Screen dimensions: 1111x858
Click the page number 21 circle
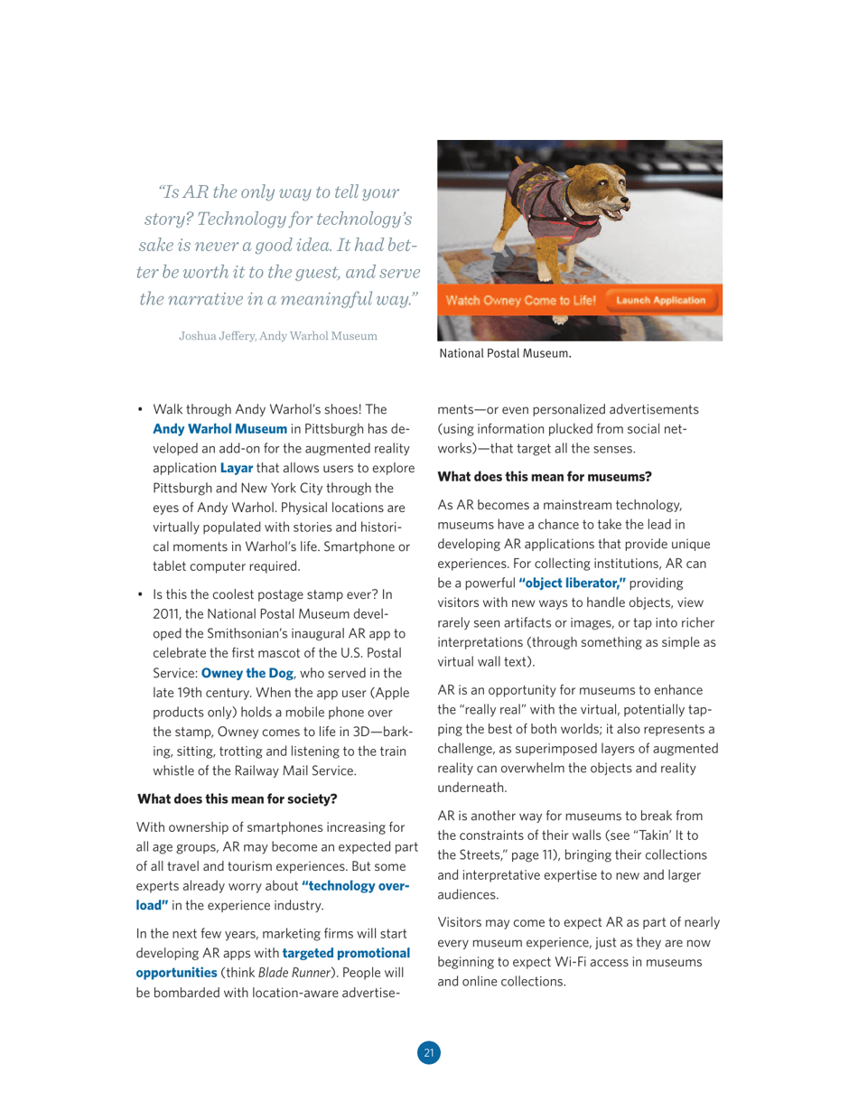(x=429, y=1052)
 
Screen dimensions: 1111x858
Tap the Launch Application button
(x=660, y=300)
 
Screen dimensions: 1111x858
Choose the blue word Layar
(x=237, y=468)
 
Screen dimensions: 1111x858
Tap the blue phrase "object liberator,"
(x=573, y=584)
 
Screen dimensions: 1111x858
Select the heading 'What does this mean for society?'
(x=237, y=799)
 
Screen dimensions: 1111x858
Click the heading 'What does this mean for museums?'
(x=545, y=475)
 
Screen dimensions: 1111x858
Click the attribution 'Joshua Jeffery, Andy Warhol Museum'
(x=277, y=336)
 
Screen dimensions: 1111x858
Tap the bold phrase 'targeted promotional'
(x=346, y=953)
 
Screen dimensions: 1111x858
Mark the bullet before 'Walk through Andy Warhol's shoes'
(x=141, y=409)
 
